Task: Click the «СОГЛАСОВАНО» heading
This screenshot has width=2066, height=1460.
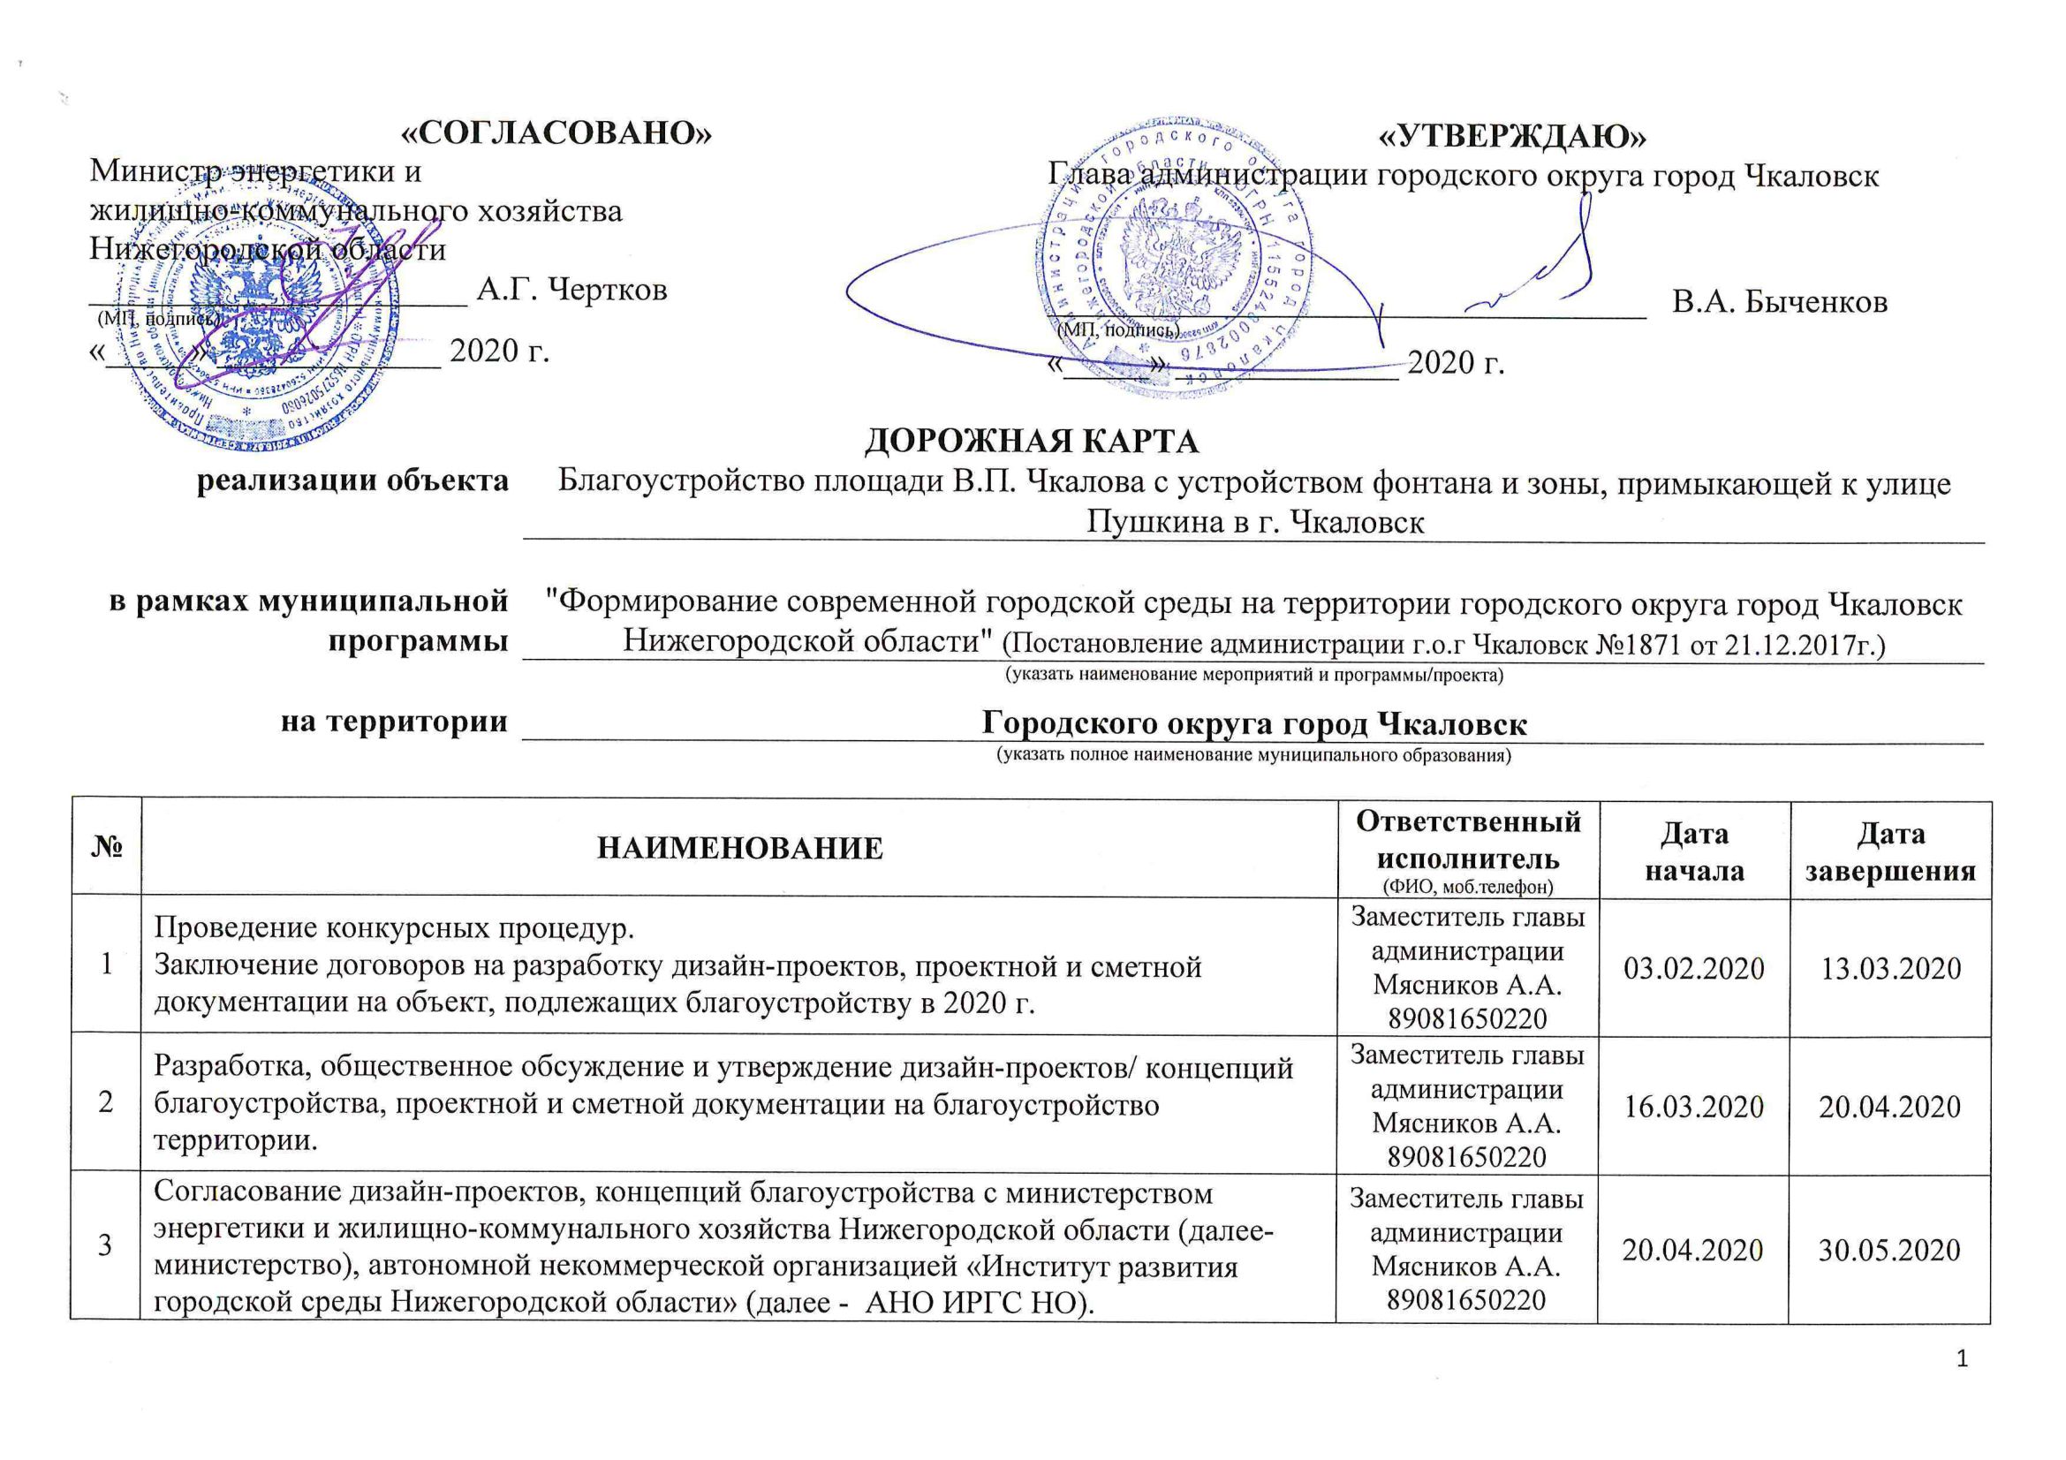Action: (556, 133)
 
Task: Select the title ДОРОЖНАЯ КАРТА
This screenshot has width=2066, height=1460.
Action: (1031, 441)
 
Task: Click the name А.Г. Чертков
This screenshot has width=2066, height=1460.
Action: (571, 290)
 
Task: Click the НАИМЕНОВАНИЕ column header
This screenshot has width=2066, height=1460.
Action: (739, 847)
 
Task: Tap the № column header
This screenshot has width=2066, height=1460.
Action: (106, 847)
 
